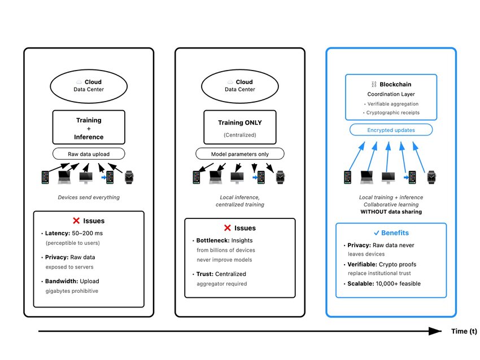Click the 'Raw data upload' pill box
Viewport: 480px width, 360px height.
(x=89, y=153)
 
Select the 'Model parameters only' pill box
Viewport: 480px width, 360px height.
(x=239, y=153)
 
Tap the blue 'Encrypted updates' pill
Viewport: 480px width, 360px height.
(x=391, y=130)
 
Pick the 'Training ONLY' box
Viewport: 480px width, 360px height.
(x=239, y=128)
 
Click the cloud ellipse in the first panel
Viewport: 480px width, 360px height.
(x=89, y=85)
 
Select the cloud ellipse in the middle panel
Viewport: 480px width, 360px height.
(x=239, y=85)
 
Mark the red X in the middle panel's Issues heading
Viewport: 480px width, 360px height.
(x=228, y=228)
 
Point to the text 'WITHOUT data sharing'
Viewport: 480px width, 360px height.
(x=391, y=212)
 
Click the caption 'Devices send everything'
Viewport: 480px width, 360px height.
(x=89, y=197)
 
